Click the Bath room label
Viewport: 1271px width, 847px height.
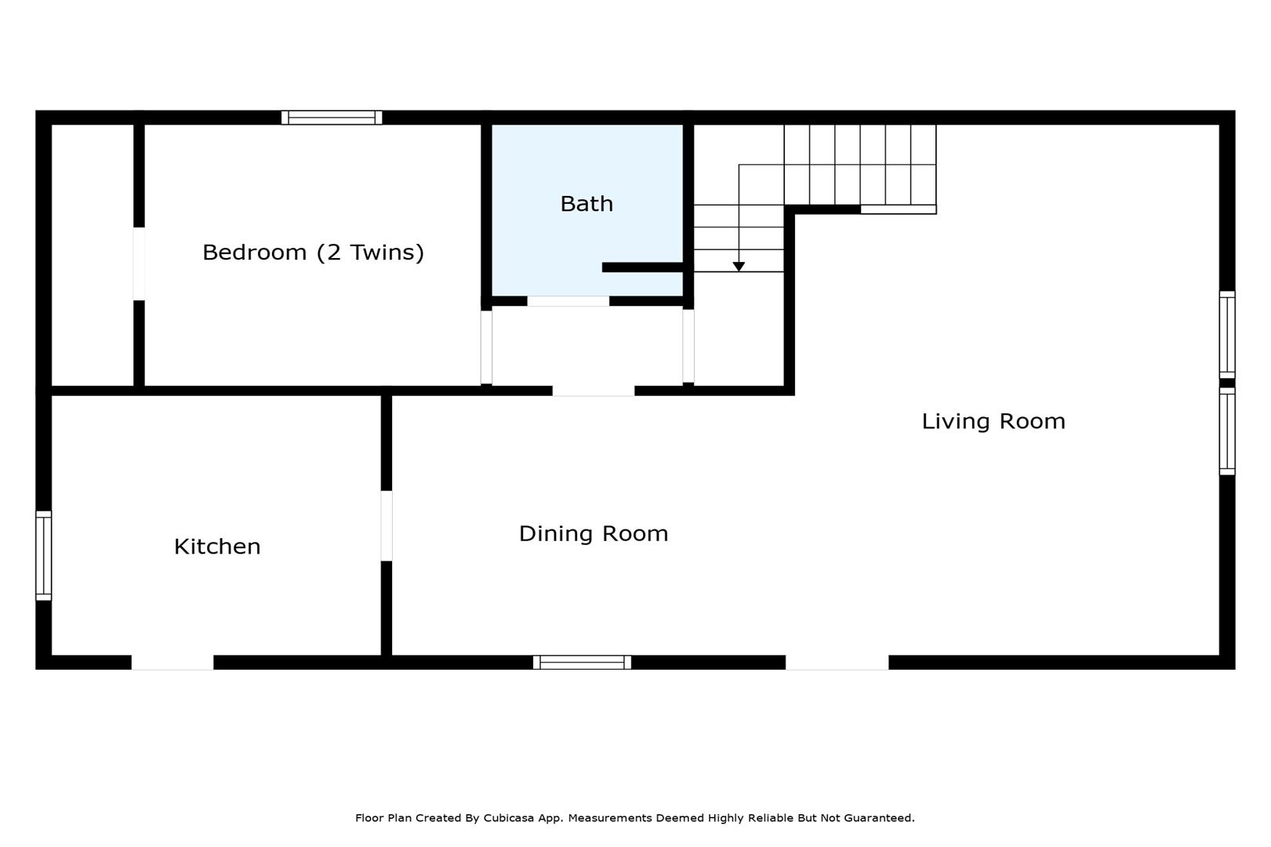(x=586, y=204)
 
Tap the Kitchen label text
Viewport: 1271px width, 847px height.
(x=217, y=547)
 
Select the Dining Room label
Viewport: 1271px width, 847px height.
(x=594, y=533)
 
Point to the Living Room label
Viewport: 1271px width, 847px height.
(x=993, y=421)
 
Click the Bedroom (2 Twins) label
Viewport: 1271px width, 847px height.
(x=313, y=253)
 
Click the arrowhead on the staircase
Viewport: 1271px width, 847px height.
(x=738, y=266)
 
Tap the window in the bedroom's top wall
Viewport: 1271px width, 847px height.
(x=332, y=118)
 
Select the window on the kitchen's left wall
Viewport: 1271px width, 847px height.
(x=44, y=556)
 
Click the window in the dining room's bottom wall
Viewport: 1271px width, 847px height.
(x=582, y=663)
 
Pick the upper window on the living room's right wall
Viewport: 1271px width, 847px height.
(x=1227, y=335)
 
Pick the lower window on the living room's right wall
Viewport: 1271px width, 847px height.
(x=1227, y=431)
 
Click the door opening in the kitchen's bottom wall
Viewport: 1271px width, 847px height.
(x=172, y=663)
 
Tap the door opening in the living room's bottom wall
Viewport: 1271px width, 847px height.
(x=837, y=663)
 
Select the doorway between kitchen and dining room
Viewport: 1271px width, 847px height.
(x=387, y=525)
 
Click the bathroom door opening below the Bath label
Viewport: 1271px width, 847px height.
(x=568, y=301)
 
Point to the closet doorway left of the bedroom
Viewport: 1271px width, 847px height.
(x=139, y=264)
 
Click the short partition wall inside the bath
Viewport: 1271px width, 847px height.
(x=642, y=267)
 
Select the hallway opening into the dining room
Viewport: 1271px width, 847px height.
(x=594, y=391)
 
